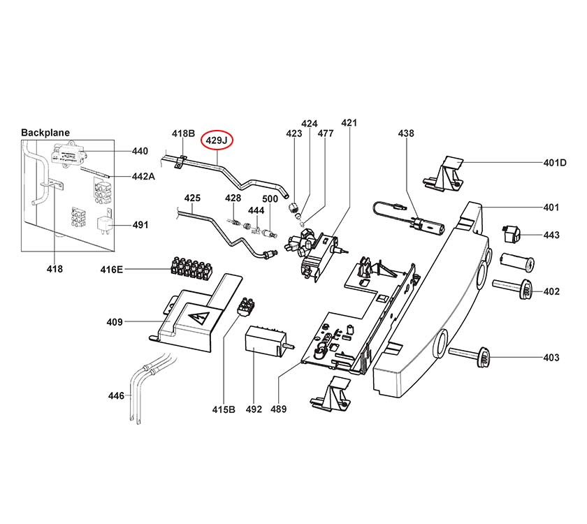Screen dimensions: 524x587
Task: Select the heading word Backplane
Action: click(x=45, y=132)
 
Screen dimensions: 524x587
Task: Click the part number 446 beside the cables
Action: click(x=115, y=396)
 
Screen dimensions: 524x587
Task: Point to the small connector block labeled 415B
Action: click(x=246, y=305)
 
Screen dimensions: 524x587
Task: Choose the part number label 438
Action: click(x=406, y=133)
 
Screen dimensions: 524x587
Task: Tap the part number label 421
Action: click(x=349, y=123)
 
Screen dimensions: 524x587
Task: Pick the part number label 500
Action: click(x=270, y=200)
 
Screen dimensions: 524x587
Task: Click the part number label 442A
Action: click(x=143, y=177)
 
